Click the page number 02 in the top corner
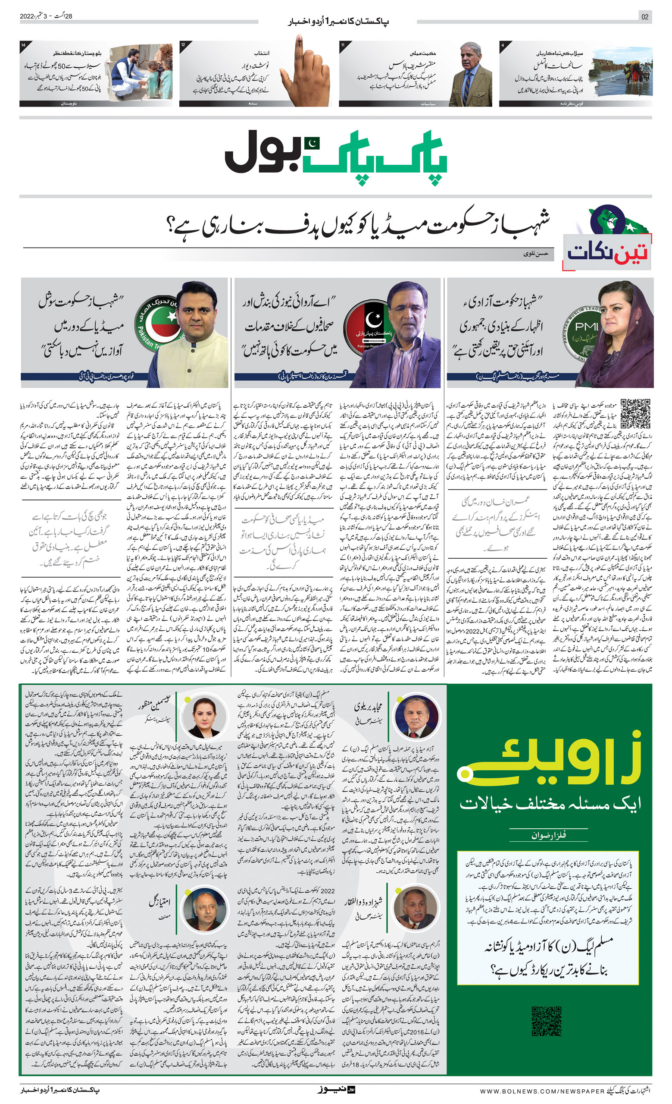(645, 17)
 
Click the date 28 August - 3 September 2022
(46, 16)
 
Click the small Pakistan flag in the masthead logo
(312, 143)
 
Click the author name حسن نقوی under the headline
(535, 254)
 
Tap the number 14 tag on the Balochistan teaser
(23, 45)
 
